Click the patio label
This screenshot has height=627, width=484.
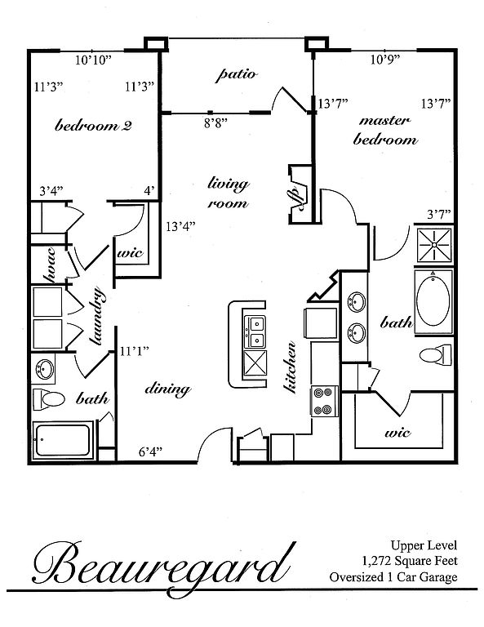coord(236,75)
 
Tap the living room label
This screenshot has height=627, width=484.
coord(229,193)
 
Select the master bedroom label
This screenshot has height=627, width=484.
coord(385,131)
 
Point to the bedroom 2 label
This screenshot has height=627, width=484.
coord(93,126)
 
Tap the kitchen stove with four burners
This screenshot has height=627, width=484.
coord(325,402)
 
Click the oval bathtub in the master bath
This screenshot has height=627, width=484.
coord(433,301)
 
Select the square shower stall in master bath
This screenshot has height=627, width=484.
coord(434,245)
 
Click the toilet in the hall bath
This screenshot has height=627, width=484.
coord(48,398)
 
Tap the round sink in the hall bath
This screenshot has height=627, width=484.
coord(44,369)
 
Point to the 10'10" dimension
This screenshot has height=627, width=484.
coord(93,60)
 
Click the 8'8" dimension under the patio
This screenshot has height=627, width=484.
coord(215,122)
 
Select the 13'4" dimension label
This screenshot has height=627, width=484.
coord(180,227)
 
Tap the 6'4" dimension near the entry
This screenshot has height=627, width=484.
coord(150,451)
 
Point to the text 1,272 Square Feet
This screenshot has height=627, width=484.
coord(410,561)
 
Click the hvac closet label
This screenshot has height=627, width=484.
coord(50,265)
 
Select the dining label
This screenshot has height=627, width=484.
coord(167,389)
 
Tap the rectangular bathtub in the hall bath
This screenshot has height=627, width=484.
coord(62,440)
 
